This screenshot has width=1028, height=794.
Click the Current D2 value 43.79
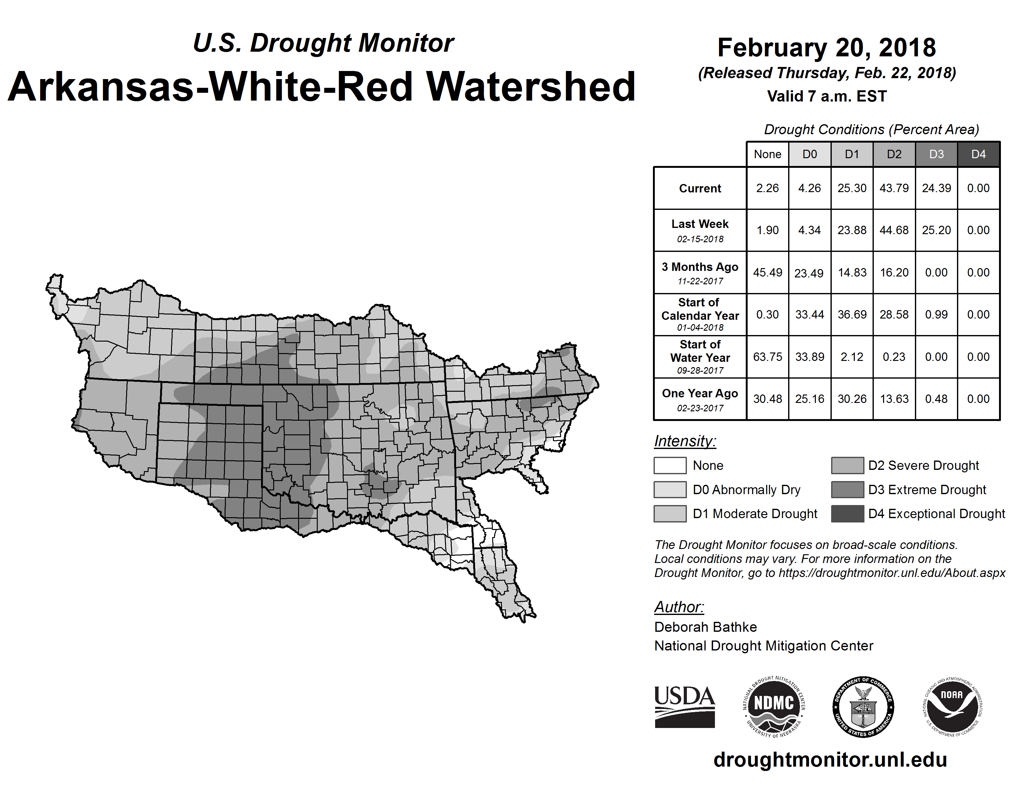(x=894, y=188)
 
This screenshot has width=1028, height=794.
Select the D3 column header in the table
(x=936, y=154)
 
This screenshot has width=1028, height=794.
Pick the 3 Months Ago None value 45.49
(x=767, y=272)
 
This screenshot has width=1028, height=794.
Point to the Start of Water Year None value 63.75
(x=767, y=357)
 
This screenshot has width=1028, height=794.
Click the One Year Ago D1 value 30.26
(x=852, y=399)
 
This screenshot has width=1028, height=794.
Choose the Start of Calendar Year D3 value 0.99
(x=936, y=315)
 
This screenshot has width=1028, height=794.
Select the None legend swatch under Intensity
(x=670, y=465)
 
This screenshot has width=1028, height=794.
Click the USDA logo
(x=684, y=707)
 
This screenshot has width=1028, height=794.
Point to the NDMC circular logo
(x=774, y=707)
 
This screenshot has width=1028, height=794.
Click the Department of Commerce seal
(x=863, y=707)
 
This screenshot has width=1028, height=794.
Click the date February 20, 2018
(x=826, y=48)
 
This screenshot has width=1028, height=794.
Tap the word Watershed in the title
(x=531, y=87)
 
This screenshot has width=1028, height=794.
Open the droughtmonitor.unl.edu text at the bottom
(x=830, y=760)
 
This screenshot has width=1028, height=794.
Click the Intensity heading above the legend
(x=685, y=441)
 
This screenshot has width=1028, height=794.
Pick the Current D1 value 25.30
(x=852, y=188)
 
